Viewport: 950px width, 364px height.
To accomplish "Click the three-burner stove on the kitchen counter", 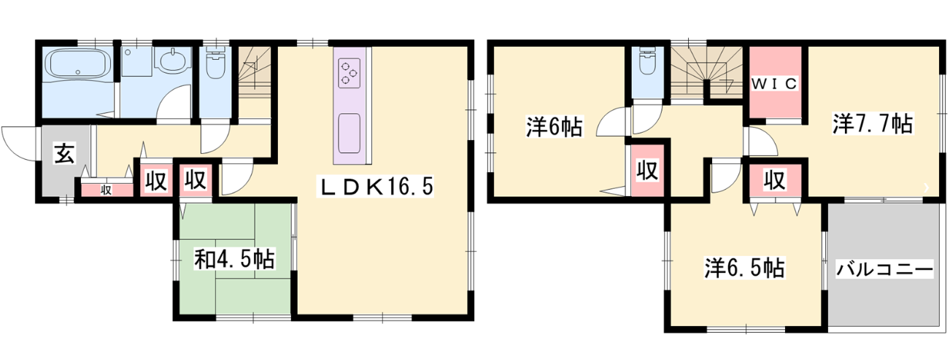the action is pyautogui.click(x=349, y=74).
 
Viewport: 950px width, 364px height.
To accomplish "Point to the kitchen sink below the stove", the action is pyautogui.click(x=349, y=133).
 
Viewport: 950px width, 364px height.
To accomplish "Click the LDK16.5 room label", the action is pyautogui.click(x=375, y=187).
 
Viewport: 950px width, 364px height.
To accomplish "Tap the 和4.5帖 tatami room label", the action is pyautogui.click(x=234, y=259).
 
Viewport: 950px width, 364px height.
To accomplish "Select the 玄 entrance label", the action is pyautogui.click(x=64, y=154).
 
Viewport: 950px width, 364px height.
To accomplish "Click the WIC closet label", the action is pyautogui.click(x=774, y=84).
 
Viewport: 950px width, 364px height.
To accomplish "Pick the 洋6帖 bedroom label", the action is pyautogui.click(x=555, y=126).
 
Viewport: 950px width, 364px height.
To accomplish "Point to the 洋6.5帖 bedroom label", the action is pyautogui.click(x=744, y=268).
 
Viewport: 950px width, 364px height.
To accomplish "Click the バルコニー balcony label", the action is pyautogui.click(x=884, y=270).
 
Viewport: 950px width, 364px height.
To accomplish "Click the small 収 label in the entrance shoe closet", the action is pyautogui.click(x=106, y=190).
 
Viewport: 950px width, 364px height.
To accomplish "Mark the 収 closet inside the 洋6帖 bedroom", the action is pyautogui.click(x=648, y=170).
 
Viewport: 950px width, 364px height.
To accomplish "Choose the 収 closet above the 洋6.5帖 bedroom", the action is pyautogui.click(x=775, y=180).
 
